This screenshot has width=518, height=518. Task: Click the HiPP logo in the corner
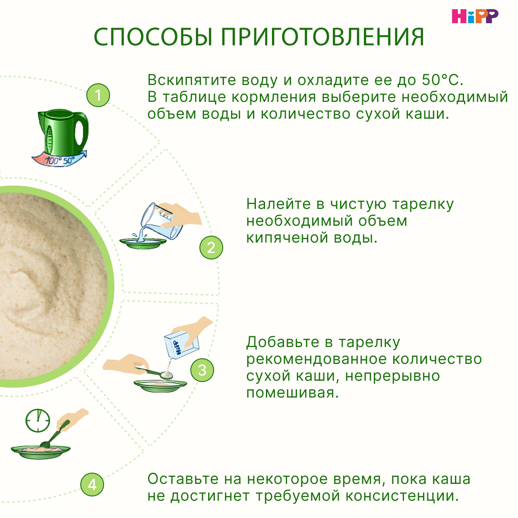point(475,16)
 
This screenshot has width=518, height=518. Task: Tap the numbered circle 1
point(98,95)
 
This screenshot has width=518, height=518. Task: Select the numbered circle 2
point(211,247)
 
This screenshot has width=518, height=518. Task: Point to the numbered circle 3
point(202,370)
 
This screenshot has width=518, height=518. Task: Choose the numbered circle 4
point(92,484)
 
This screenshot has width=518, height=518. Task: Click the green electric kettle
point(63,131)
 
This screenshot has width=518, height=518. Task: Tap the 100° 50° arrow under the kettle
point(60,159)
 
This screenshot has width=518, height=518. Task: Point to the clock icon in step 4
point(38,420)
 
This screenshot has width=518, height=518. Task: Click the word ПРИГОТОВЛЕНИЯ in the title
point(323,37)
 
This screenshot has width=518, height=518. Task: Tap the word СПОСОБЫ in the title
point(153,37)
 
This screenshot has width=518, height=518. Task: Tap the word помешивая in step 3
point(292,393)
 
